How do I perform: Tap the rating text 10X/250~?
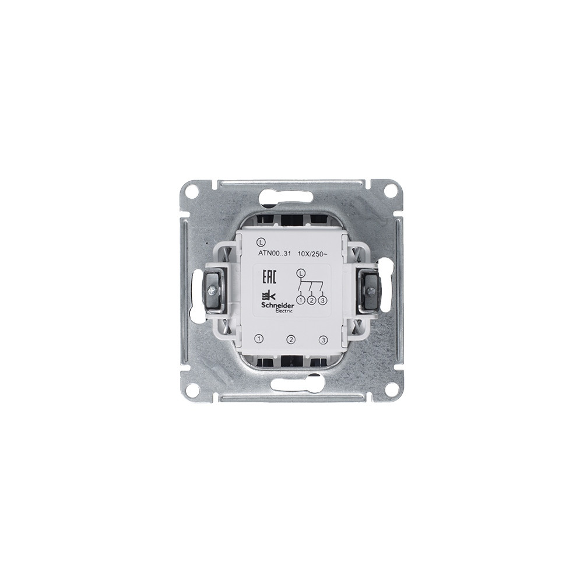312,254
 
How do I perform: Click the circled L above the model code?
259,243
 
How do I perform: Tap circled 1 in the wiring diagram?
301,299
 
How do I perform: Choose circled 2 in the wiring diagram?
312,300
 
